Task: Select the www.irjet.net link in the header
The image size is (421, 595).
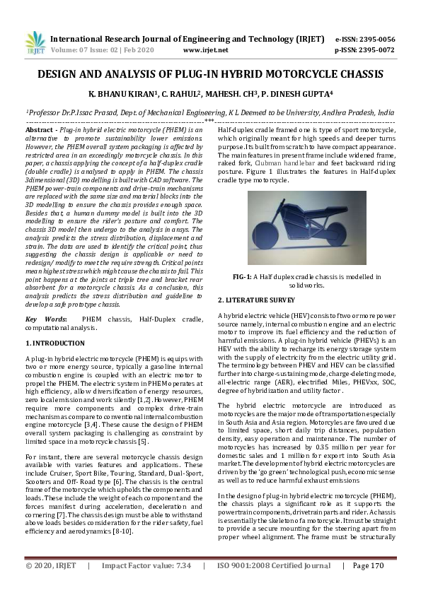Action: tap(205, 50)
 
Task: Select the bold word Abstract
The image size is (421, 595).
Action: tap(39, 131)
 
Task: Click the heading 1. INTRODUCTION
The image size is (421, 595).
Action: tap(55, 343)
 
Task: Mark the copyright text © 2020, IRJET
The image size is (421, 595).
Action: tap(52, 585)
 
